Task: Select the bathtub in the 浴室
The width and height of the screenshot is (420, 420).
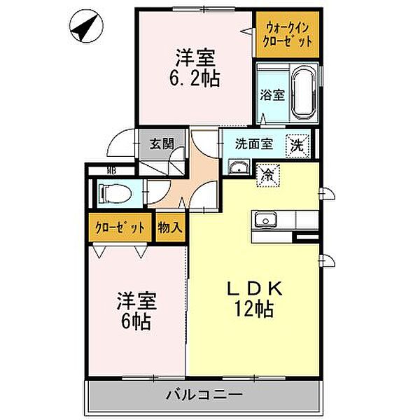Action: pos(304,93)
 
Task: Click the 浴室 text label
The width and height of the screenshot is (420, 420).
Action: pos(272,95)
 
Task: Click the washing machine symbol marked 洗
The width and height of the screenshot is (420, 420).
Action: pos(298,146)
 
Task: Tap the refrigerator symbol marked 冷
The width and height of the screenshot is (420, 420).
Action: pos(268,175)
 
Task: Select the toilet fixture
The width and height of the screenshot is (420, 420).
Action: pos(112,192)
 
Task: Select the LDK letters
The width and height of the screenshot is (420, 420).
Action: pos(255,288)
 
